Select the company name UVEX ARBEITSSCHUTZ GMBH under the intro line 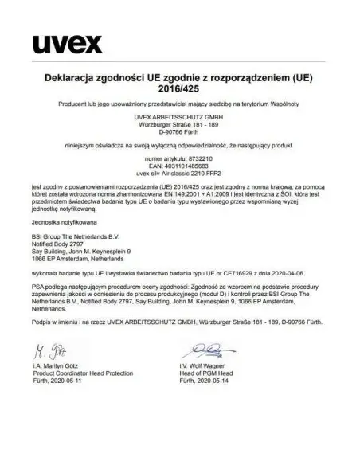click(x=180, y=117)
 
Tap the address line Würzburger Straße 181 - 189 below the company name click(x=180, y=125)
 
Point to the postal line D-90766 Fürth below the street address click(x=180, y=133)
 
